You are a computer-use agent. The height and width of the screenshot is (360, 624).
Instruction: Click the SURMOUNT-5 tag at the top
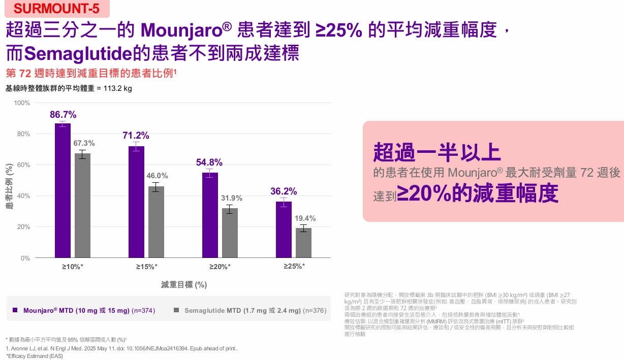[57, 9]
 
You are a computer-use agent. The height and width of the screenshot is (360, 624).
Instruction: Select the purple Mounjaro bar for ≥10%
[63, 190]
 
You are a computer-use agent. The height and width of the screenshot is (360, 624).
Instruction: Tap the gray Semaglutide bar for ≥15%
[156, 222]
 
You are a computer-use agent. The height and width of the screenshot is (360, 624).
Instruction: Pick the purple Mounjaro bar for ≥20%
[210, 215]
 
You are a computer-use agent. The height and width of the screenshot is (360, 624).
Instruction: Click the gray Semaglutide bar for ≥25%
[303, 243]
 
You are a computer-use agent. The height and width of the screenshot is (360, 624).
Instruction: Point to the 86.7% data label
[63, 115]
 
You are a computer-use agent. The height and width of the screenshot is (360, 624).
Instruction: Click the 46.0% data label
[157, 176]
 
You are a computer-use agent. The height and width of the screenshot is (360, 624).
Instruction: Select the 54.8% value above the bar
[209, 162]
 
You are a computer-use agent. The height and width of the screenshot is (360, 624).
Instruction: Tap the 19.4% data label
[305, 218]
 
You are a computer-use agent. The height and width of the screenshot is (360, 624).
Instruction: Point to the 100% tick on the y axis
[22, 103]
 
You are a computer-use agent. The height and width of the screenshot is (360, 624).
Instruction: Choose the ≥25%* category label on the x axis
[294, 266]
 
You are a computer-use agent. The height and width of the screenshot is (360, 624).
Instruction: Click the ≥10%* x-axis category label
[73, 267]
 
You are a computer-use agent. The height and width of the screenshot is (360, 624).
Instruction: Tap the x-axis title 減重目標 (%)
[184, 284]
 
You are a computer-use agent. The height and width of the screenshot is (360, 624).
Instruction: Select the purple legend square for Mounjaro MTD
[15, 310]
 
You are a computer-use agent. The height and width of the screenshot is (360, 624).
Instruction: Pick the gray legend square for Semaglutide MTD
[176, 310]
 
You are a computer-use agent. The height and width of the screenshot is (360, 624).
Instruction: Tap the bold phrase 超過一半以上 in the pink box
[437, 152]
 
